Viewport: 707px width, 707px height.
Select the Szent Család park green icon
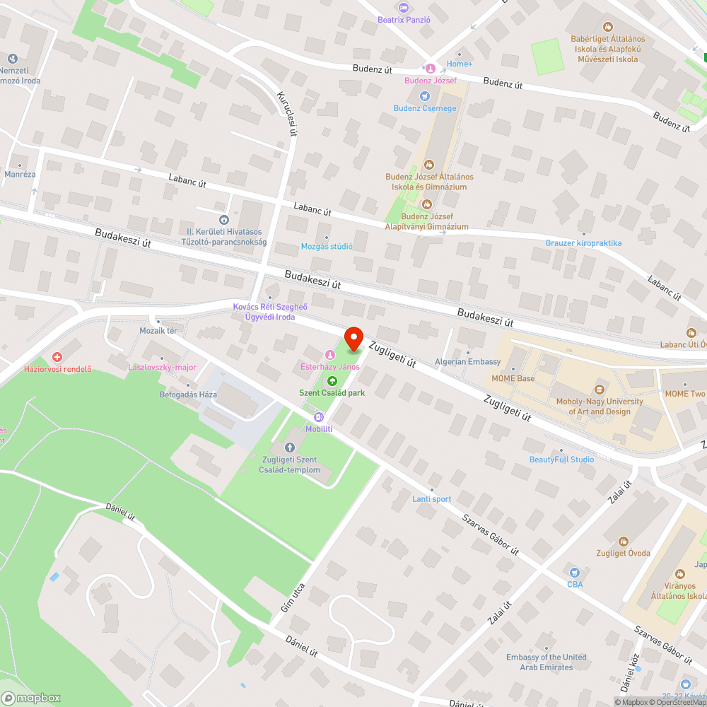(x=332, y=382)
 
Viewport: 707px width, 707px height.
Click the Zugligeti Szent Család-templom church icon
(x=289, y=448)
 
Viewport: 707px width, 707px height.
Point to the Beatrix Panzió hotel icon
(x=404, y=8)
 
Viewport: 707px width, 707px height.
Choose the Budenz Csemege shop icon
(x=425, y=96)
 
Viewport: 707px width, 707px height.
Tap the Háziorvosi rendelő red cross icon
(x=57, y=357)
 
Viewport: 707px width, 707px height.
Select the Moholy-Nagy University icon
(x=600, y=390)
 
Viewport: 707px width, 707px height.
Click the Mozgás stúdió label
(x=327, y=246)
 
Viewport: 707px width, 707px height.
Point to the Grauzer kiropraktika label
(x=583, y=243)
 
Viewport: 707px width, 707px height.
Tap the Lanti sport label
(x=431, y=499)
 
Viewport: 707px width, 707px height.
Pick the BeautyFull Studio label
(x=562, y=460)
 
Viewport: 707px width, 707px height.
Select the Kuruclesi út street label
(x=286, y=113)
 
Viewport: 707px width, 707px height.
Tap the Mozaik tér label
(x=158, y=330)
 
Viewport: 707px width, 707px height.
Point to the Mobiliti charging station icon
(x=319, y=417)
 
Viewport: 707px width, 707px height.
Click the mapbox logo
(x=31, y=698)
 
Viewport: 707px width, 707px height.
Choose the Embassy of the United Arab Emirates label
(x=547, y=662)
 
